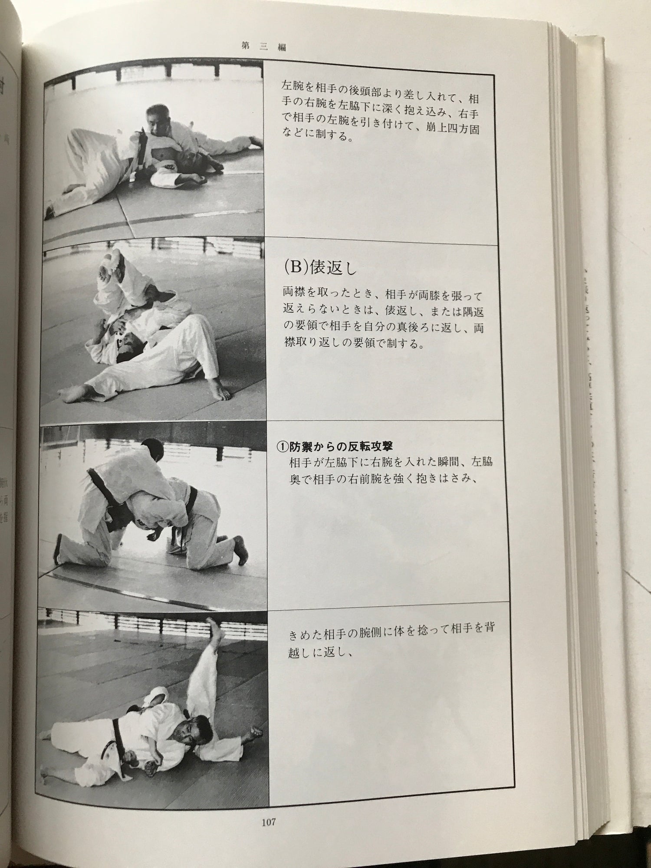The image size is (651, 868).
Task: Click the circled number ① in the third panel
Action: tap(283, 446)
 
